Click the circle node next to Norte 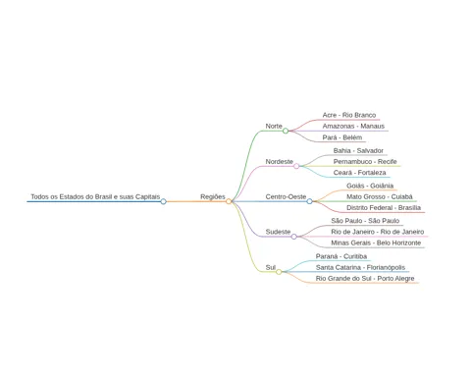point(286,131)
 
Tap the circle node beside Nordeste point(296,166)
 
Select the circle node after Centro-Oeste point(309,201)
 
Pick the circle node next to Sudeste point(294,237)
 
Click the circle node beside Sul point(279,272)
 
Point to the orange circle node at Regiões point(229,201)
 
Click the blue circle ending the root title point(164,201)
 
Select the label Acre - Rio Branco point(349,115)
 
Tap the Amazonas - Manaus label point(353,126)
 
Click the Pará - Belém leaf point(342,137)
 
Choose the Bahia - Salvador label point(358,150)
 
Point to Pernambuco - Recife point(365,162)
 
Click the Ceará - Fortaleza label point(359,173)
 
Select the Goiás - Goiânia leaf point(370,186)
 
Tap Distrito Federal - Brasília point(384,208)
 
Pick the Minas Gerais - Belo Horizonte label point(376,242)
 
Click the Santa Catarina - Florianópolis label point(360,267)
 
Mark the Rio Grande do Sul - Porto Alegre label point(365,279)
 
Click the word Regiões point(213,196)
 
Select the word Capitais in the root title point(148,196)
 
